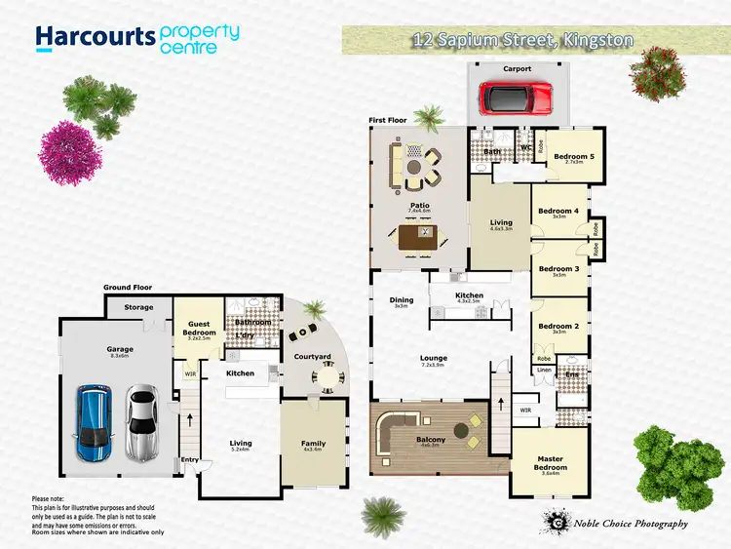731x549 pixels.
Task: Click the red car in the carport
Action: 515,98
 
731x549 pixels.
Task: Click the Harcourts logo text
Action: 95,37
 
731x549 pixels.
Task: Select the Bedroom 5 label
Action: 573,157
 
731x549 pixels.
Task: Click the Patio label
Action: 419,206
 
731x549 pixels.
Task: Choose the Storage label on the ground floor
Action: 138,308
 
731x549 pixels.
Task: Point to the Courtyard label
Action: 313,357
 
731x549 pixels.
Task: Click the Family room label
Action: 313,444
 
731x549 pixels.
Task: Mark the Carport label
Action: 518,70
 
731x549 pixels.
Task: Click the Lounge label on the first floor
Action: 434,358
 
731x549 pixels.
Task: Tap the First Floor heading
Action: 387,121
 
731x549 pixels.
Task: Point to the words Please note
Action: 51,498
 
